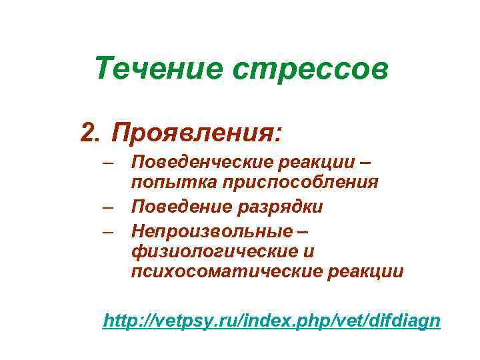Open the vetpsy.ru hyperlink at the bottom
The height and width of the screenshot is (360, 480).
click(x=271, y=321)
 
